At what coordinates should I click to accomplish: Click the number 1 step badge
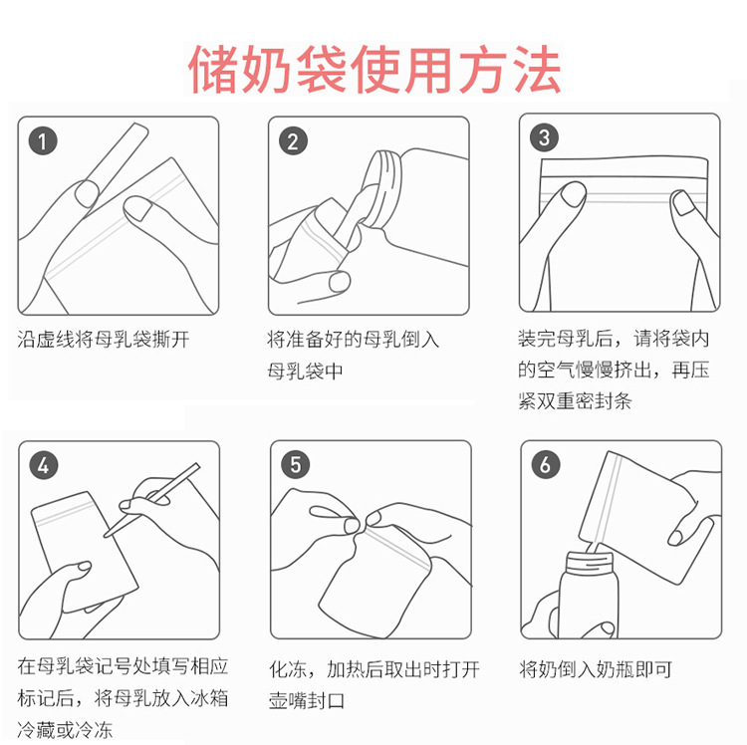point(43,141)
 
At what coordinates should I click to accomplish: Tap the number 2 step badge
point(293,141)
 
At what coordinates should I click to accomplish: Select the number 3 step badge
point(544,137)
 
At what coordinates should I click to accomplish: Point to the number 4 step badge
point(44,465)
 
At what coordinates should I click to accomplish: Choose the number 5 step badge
point(295,464)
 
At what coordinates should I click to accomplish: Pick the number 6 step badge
point(546,464)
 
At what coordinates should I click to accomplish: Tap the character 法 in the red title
point(537,70)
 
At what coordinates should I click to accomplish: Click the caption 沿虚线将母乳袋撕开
point(104,340)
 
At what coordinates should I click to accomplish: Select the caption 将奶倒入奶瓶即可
point(596,669)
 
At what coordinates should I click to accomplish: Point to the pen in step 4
point(151,500)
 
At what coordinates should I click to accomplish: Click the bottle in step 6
point(589,596)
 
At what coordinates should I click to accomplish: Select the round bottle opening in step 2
point(381,188)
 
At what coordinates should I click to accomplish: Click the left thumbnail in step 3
point(573,195)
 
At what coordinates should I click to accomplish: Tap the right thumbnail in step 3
point(683,203)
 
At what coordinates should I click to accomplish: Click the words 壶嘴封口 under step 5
point(307,701)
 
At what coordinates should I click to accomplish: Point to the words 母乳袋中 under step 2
point(305,372)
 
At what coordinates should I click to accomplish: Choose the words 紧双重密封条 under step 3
point(575,401)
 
